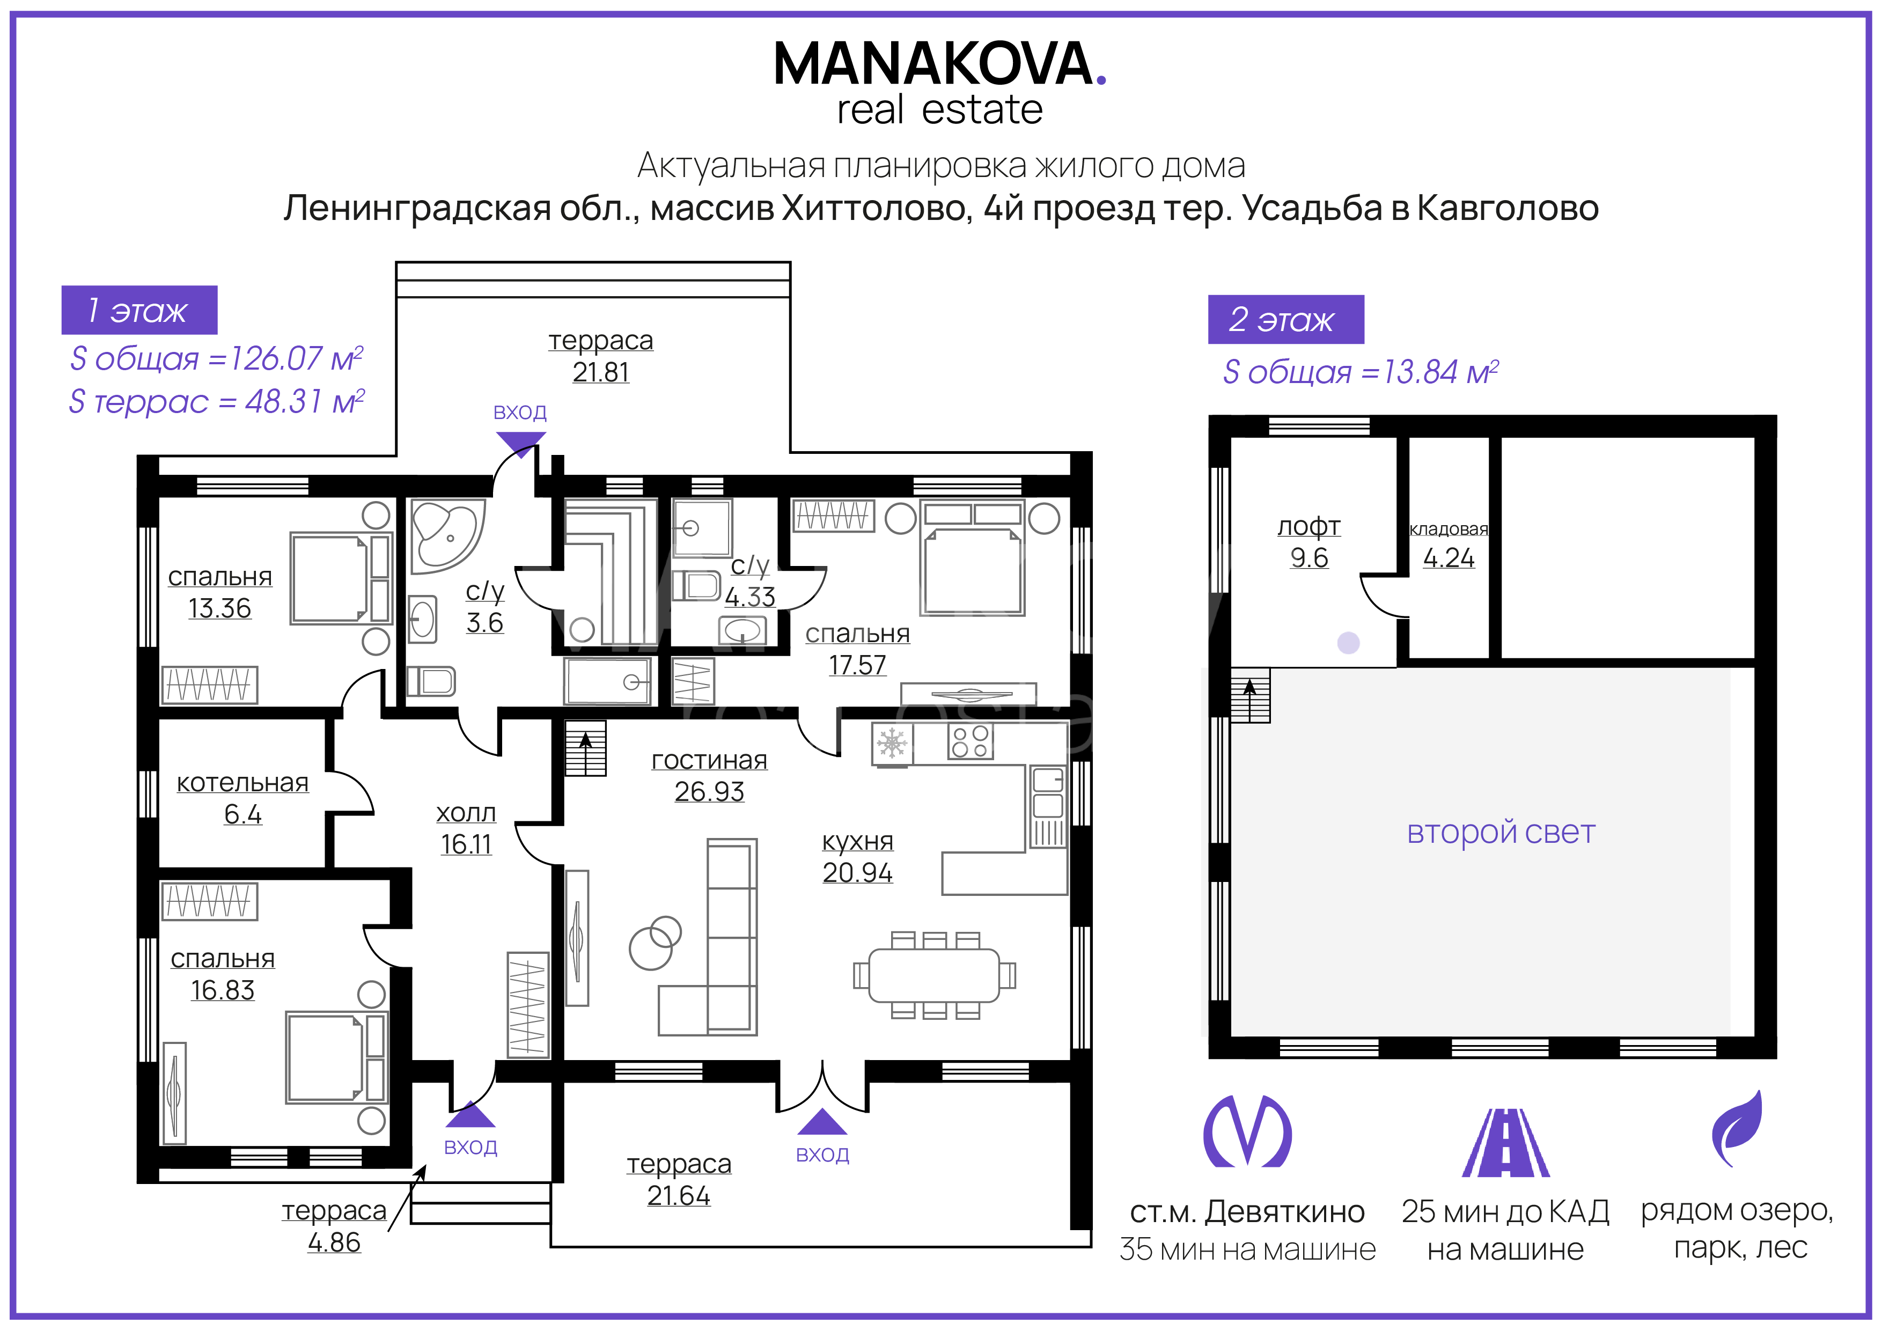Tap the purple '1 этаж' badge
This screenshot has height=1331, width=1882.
click(139, 310)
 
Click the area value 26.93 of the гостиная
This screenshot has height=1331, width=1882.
click(709, 792)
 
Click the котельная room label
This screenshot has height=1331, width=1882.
click(242, 783)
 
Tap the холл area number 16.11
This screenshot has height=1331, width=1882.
click(466, 844)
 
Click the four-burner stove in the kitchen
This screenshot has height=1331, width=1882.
click(971, 742)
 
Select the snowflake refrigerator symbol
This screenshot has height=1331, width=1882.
click(892, 744)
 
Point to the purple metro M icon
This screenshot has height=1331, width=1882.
click(1247, 1131)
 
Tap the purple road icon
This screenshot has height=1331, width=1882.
click(1506, 1143)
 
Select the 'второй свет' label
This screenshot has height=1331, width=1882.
click(1501, 832)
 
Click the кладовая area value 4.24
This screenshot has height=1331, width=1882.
click(1449, 558)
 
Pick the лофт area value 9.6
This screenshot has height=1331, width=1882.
click(1309, 557)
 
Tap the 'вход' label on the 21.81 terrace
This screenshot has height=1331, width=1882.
click(520, 412)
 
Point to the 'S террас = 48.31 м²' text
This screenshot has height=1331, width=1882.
click(216, 402)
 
